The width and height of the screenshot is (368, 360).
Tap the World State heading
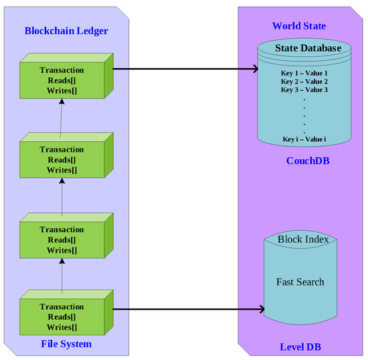tap(299, 25)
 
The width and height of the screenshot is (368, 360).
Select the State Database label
tap(308, 48)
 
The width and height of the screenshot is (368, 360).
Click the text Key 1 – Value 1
tap(304, 72)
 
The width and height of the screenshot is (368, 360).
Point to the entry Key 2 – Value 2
tap(304, 80)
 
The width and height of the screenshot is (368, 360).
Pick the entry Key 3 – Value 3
tap(304, 89)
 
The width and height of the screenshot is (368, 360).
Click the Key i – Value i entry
tap(304, 140)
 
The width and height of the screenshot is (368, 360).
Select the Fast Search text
tap(300, 282)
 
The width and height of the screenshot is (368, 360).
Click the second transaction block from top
tap(62, 159)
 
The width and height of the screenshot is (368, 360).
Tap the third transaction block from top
tap(62, 240)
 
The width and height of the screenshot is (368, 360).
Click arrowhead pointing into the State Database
tap(256, 68)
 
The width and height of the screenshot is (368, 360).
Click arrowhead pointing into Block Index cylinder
tap(262, 310)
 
